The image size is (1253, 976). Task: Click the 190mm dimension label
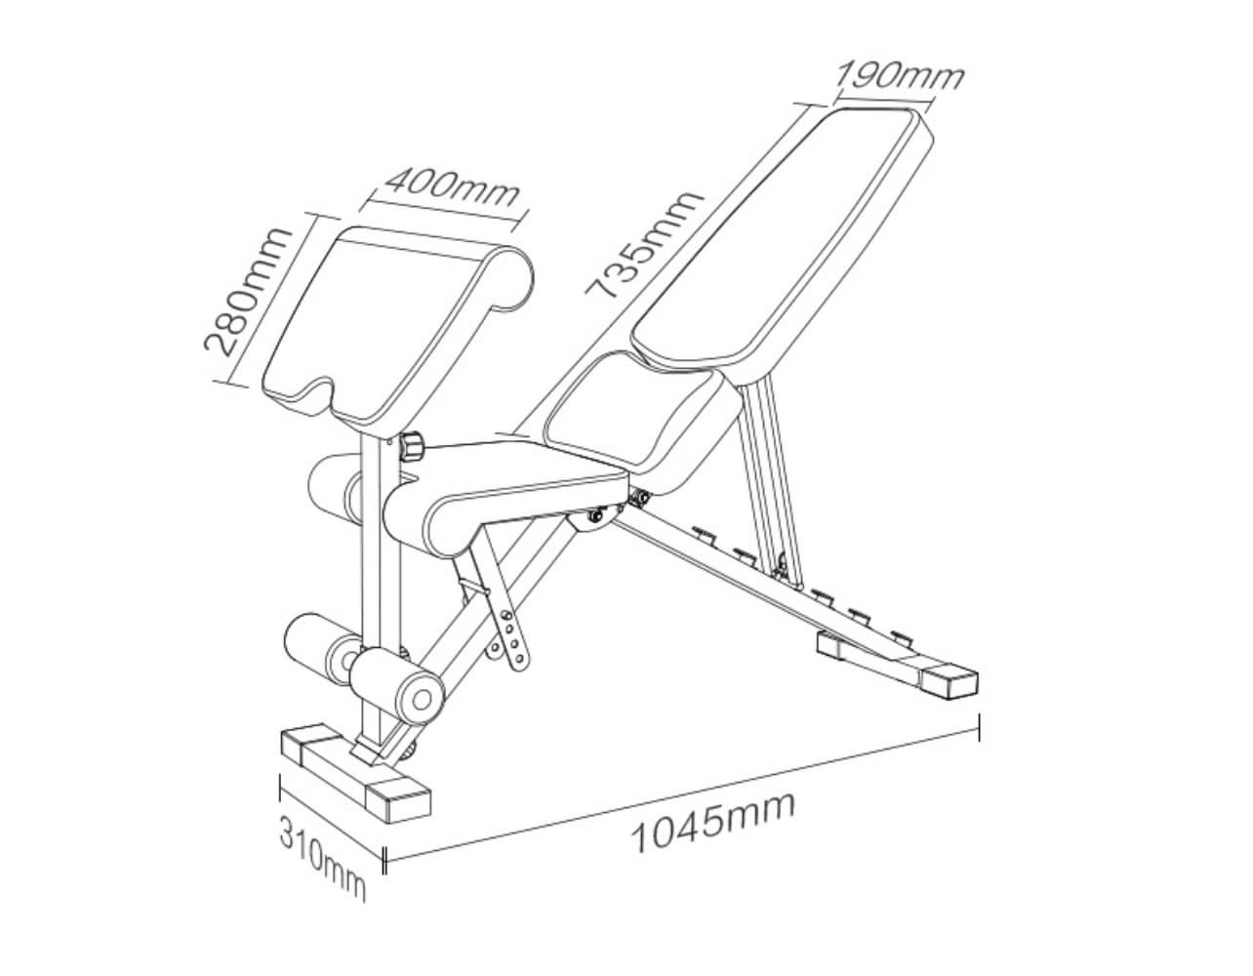(900, 75)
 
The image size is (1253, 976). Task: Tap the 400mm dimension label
(451, 185)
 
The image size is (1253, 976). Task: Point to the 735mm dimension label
(644, 244)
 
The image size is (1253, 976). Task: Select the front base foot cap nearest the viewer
(399, 796)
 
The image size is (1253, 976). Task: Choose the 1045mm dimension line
(683, 791)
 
